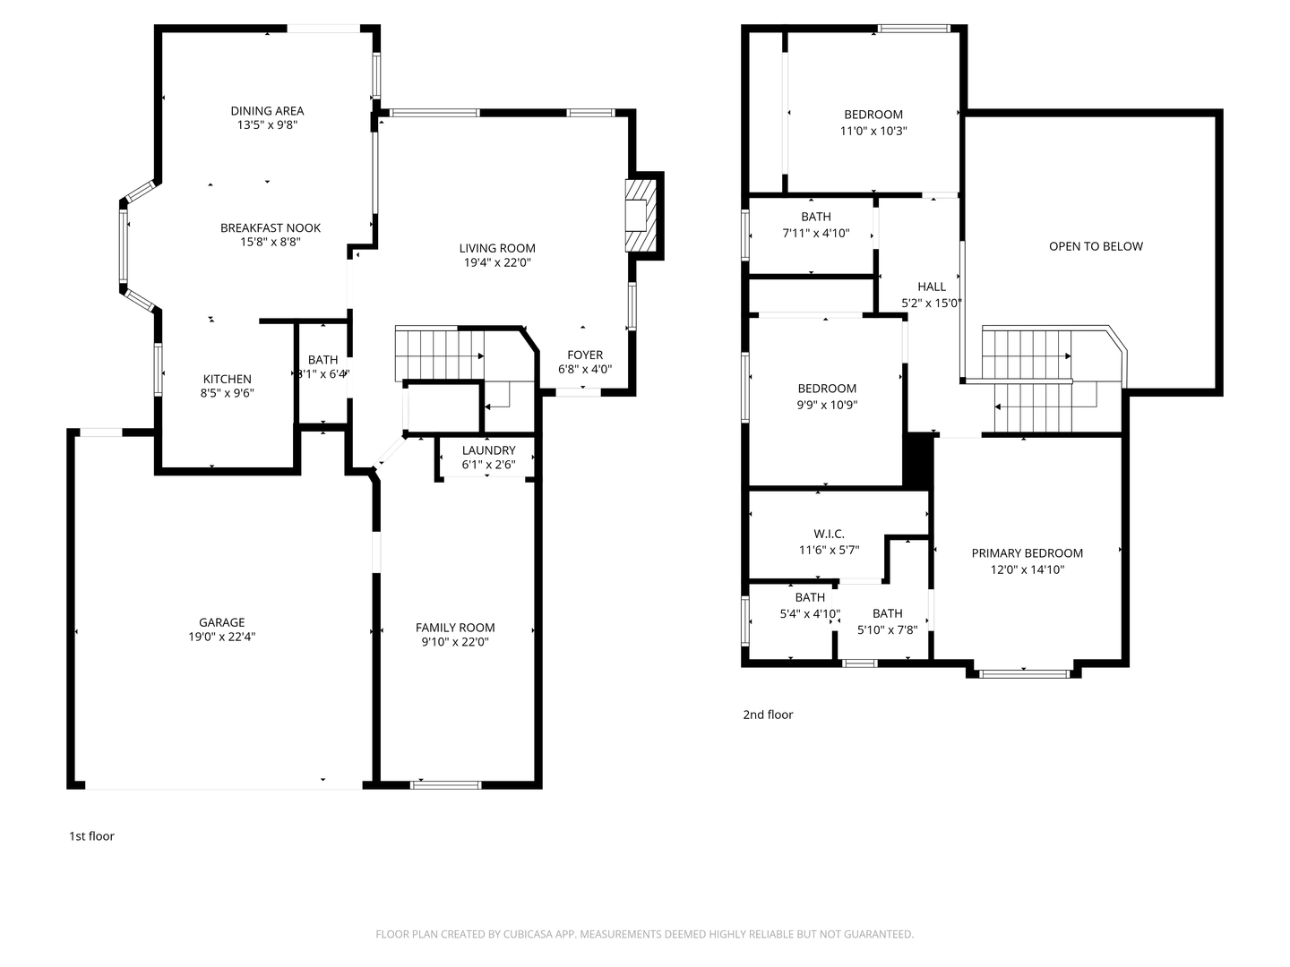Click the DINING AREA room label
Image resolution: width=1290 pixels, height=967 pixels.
[267, 111]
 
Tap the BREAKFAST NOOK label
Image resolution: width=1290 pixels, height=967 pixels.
[271, 228]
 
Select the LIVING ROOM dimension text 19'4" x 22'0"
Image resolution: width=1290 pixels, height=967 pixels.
[497, 263]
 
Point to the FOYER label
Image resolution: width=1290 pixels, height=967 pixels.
[585, 355]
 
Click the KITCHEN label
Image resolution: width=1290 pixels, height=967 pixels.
[227, 379]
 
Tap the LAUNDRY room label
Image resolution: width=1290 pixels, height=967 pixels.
[488, 450]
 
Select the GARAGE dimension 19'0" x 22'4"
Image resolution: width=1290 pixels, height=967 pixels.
[221, 638]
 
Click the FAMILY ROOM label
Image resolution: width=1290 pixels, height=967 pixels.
[455, 628]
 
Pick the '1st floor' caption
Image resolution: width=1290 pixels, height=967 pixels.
[91, 836]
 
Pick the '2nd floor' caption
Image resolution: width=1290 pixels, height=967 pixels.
[768, 715]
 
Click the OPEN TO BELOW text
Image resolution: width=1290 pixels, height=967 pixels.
[1096, 246]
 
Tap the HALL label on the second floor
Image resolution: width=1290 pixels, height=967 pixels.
[932, 287]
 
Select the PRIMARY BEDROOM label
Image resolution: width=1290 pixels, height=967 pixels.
[1028, 553]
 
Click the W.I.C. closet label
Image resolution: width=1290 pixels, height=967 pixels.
[829, 534]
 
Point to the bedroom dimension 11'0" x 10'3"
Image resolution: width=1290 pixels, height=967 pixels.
[873, 131]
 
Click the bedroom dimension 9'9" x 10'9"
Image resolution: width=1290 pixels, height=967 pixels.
[827, 405]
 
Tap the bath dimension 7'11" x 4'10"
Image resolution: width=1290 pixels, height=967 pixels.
[815, 234]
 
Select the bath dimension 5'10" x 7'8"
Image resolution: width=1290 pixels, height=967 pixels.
[887, 629]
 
